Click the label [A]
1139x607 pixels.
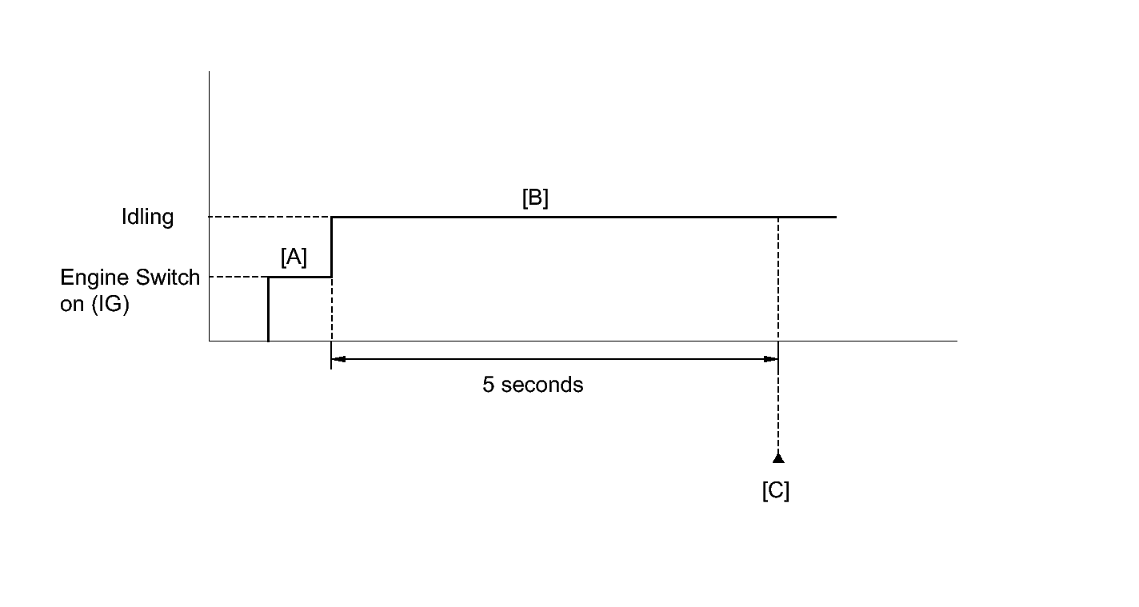coord(294,258)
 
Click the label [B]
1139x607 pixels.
coord(535,198)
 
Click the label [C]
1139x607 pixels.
coord(776,490)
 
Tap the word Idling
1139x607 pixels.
coord(147,218)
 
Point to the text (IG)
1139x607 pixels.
coord(109,305)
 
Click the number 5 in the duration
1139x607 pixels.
coord(488,385)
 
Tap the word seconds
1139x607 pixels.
coord(543,385)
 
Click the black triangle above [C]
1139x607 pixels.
coord(778,458)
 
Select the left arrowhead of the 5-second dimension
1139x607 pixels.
coord(338,360)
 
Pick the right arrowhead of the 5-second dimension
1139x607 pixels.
coord(772,360)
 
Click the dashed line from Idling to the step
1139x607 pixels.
coord(270,217)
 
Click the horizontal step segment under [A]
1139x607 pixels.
coord(299,278)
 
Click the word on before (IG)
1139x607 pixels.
coord(70,305)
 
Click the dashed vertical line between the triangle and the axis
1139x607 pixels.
coord(778,408)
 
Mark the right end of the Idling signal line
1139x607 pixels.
coord(835,217)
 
